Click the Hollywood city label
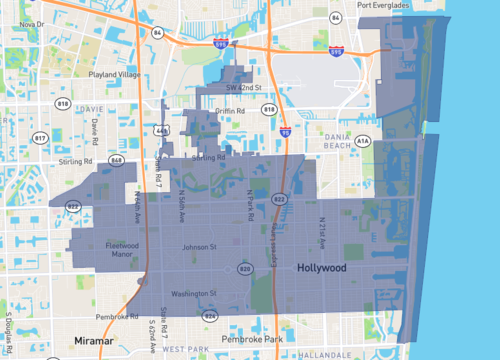pyautogui.click(x=321, y=270)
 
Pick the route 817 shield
pyautogui.click(x=41, y=136)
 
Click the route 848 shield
pyautogui.click(x=117, y=159)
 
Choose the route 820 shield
pyautogui.click(x=246, y=268)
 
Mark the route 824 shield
pyautogui.click(x=209, y=315)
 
